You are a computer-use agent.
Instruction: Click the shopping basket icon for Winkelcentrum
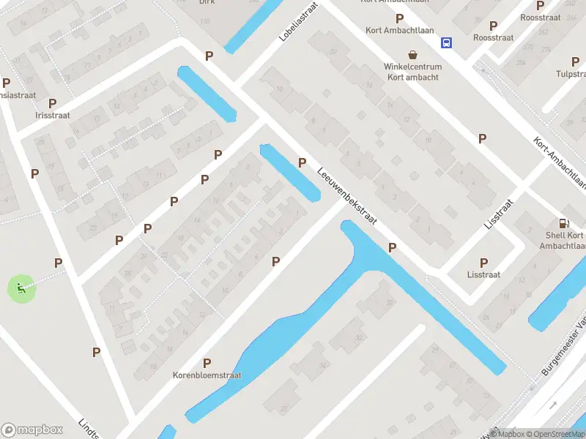pyautogui.click(x=413, y=54)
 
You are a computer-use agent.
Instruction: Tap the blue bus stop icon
pyautogui.click(x=446, y=42)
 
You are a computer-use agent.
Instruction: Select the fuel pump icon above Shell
pyautogui.click(x=563, y=223)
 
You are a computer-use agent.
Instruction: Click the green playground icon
pyautogui.click(x=21, y=288)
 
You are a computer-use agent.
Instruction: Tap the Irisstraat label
pyautogui.click(x=52, y=116)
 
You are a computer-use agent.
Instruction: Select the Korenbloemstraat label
pyautogui.click(x=207, y=375)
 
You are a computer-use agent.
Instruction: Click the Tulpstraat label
pyautogui.click(x=571, y=73)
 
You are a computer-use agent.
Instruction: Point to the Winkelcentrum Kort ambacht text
pyautogui.click(x=412, y=72)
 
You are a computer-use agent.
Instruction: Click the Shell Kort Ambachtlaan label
pyautogui.click(x=565, y=241)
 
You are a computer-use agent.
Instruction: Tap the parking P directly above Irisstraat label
pyautogui.click(x=52, y=103)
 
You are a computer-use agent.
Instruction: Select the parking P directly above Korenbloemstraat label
pyautogui.click(x=207, y=363)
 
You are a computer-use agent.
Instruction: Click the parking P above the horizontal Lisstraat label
pyautogui.click(x=483, y=263)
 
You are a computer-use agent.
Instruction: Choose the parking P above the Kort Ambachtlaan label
pyautogui.click(x=399, y=18)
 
